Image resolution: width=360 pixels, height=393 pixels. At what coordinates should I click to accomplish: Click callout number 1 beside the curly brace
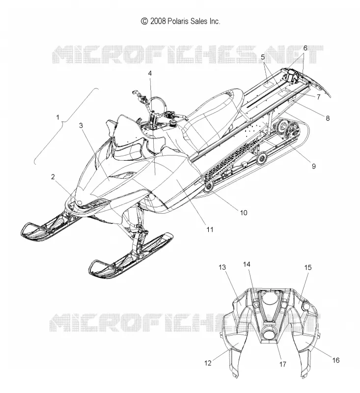(x=58, y=117)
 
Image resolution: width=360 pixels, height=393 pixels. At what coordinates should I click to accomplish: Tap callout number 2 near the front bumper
(x=53, y=177)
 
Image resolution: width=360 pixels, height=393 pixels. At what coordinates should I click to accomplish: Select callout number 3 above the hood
(x=81, y=125)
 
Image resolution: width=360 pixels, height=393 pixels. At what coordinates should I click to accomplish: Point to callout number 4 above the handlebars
(x=150, y=73)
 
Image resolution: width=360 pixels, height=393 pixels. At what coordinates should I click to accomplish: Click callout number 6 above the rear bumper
(x=305, y=48)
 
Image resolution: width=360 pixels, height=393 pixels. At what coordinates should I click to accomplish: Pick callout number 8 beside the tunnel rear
(x=328, y=118)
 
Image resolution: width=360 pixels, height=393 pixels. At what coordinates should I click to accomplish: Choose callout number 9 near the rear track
(x=314, y=166)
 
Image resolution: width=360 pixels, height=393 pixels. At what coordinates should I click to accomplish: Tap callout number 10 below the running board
(x=244, y=213)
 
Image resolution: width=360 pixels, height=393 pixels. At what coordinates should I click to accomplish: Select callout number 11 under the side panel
(x=210, y=229)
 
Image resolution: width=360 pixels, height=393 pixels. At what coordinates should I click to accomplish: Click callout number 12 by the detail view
(x=208, y=363)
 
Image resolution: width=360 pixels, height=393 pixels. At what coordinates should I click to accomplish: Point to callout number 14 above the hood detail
(x=247, y=264)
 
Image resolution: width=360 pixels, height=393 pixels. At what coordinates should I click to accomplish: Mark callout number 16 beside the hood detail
(x=336, y=360)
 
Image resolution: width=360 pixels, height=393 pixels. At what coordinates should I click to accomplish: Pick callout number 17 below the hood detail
(x=282, y=364)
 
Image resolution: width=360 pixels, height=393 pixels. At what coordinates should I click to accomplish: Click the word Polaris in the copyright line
(x=177, y=21)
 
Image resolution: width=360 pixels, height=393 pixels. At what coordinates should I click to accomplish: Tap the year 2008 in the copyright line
(x=158, y=21)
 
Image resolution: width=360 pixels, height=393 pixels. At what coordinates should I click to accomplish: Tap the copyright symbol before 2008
(x=144, y=21)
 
